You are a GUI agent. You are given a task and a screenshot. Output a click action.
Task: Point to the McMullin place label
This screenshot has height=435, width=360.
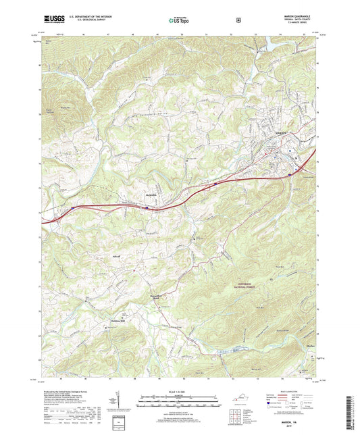pyautogui.click(x=150, y=196)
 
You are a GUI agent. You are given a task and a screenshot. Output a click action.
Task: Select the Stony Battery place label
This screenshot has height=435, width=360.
pyautogui.click(x=157, y=297)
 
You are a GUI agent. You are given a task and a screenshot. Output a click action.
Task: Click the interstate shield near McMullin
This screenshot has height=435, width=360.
pyautogui.click(x=147, y=209)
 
